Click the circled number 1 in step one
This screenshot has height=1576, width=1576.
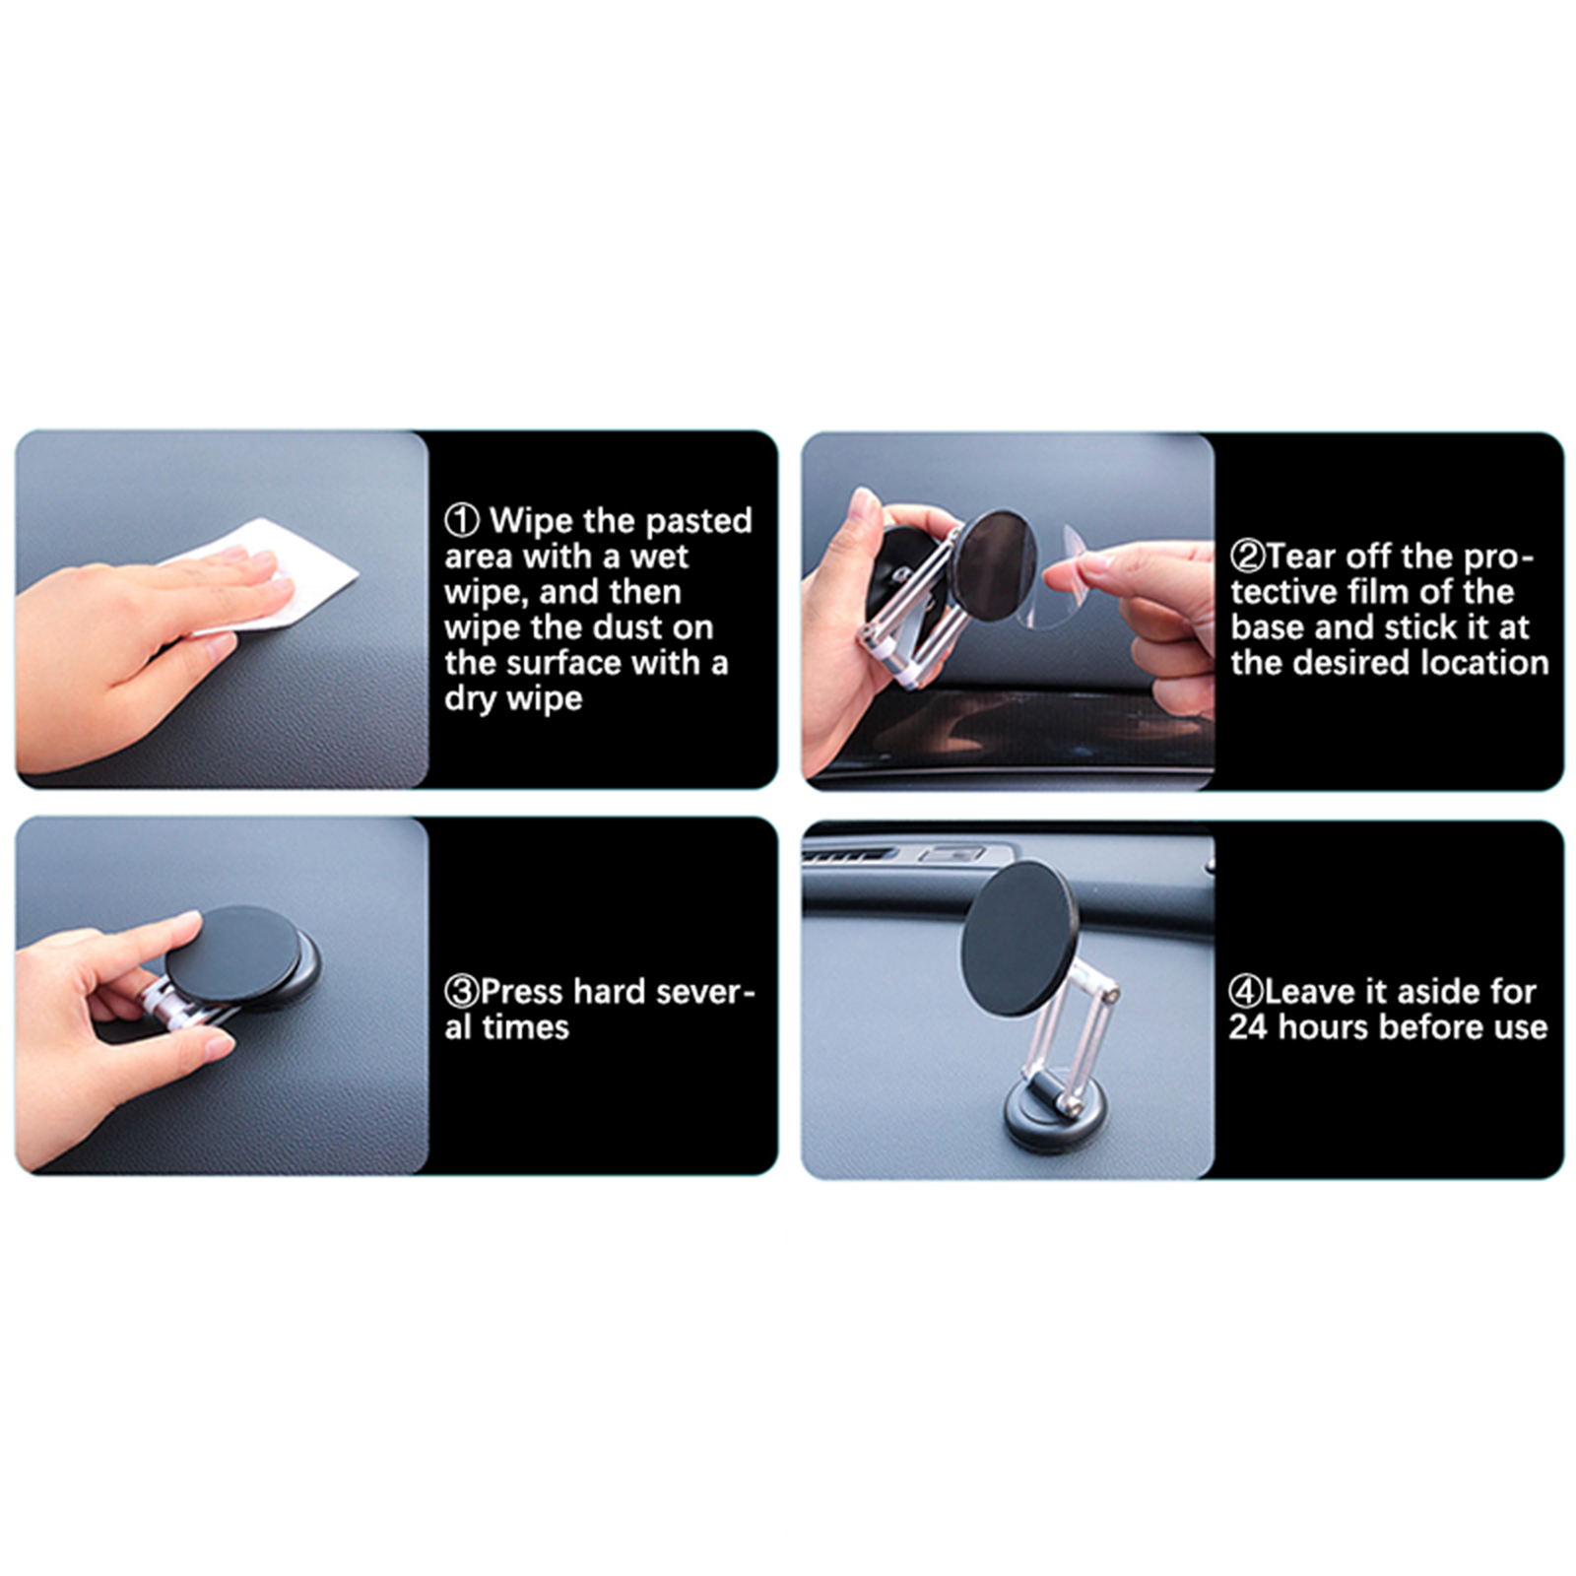462,520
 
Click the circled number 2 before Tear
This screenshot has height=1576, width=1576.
1247,557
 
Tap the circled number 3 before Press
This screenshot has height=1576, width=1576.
461,991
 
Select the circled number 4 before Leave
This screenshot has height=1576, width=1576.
1246,991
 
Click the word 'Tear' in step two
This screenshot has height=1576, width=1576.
1302,557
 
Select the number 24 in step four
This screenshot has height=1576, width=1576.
1248,1026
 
